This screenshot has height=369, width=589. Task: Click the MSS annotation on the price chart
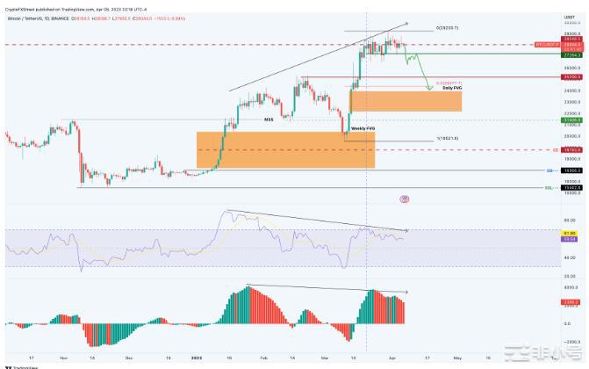click(x=269, y=119)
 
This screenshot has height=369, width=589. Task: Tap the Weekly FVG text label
click(x=363, y=128)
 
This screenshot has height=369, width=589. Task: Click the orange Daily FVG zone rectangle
click(x=406, y=101)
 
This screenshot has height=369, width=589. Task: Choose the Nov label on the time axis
click(x=64, y=358)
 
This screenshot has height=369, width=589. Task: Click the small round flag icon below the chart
click(x=404, y=199)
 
